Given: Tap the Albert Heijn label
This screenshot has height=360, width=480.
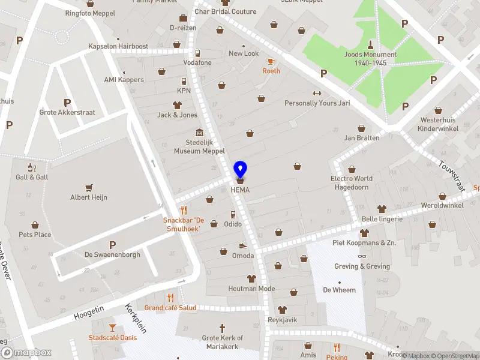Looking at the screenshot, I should (89, 197).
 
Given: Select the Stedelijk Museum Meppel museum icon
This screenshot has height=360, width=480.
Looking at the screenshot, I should (199, 133).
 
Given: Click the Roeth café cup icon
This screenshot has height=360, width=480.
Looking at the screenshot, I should (271, 61).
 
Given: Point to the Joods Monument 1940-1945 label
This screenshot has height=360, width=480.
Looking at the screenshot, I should (370, 59).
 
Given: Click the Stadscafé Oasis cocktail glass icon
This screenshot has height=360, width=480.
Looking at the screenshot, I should (112, 327).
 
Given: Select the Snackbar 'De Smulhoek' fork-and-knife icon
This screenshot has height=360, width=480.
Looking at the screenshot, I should (184, 210).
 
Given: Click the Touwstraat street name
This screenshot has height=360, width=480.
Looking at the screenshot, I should (452, 176).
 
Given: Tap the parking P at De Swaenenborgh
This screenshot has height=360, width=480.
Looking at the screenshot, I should (112, 244).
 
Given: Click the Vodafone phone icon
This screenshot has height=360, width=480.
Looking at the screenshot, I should (197, 53).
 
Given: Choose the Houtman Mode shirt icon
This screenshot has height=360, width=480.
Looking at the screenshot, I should (251, 279).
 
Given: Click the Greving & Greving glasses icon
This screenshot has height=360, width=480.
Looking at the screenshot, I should (362, 256).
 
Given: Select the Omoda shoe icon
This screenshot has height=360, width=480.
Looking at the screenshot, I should (243, 245).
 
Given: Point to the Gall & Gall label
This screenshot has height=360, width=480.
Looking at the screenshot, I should (32, 178).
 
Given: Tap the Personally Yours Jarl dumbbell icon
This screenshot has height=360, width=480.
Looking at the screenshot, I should (317, 93).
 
